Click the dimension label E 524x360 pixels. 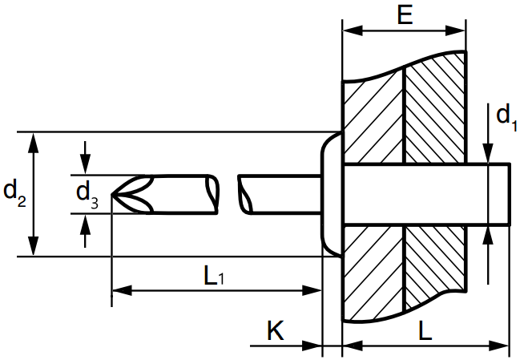(405, 15)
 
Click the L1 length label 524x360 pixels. (214, 277)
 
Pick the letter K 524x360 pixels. (276, 331)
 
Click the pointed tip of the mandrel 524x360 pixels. (111, 195)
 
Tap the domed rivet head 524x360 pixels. (331, 194)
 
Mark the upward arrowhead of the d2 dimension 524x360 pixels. (33, 143)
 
